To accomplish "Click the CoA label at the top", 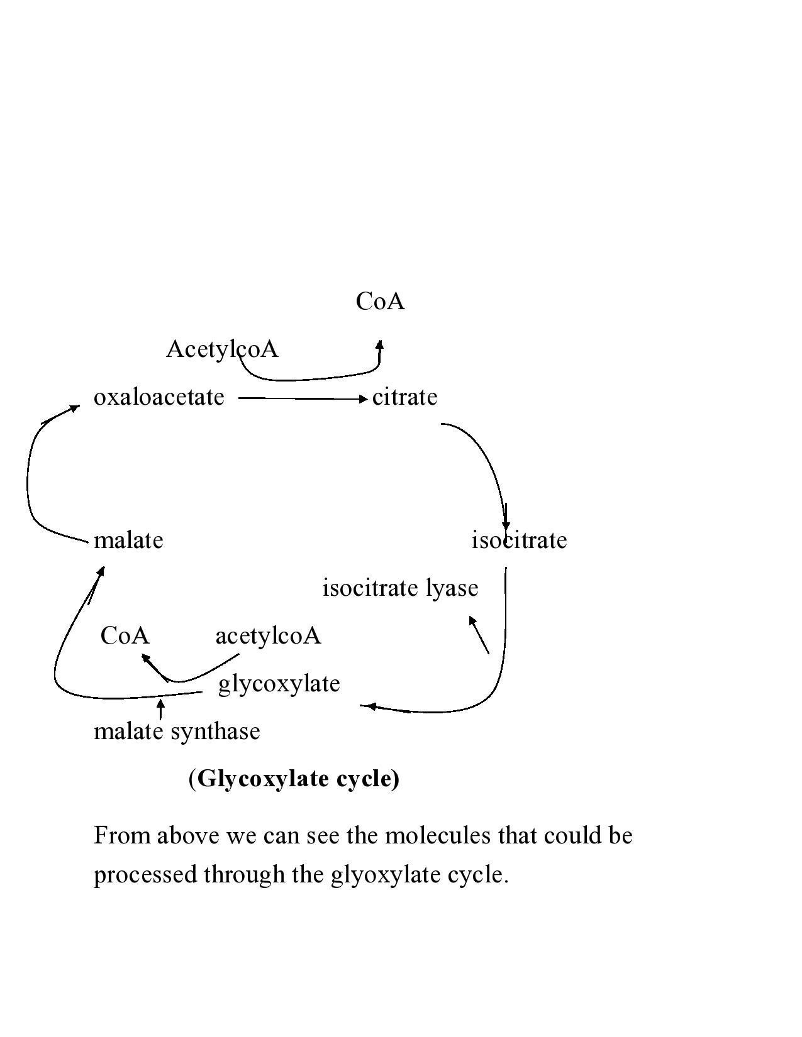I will (x=380, y=302).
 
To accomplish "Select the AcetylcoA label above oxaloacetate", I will (x=222, y=349).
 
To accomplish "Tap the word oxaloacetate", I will (x=159, y=397).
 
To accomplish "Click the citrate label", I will (x=404, y=397).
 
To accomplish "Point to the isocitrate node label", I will (x=519, y=540).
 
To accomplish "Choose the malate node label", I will (x=128, y=540).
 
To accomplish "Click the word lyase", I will (x=452, y=588).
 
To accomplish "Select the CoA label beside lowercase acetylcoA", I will (x=125, y=636).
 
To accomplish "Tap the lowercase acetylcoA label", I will (x=268, y=636).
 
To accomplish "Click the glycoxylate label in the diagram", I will (x=279, y=684).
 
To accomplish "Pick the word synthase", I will (x=215, y=732).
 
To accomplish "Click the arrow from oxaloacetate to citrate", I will (x=302, y=398).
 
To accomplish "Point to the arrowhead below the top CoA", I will (x=379, y=345).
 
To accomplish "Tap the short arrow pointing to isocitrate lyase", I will (x=479, y=635).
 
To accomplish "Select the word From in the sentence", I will (x=122, y=837).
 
